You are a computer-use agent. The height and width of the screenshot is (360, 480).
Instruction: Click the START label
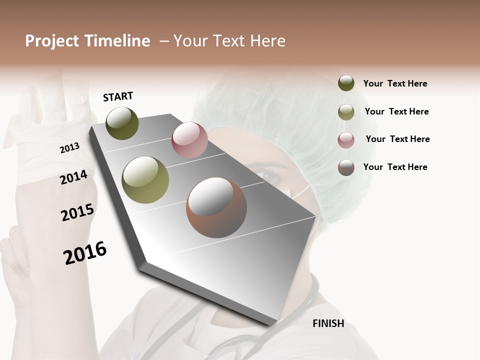(118, 96)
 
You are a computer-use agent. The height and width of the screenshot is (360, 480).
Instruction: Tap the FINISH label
(328, 323)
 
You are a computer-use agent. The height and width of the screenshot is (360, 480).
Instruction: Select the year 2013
(70, 148)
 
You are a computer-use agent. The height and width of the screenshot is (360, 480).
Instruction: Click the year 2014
(74, 177)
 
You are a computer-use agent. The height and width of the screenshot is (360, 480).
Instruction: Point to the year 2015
(77, 212)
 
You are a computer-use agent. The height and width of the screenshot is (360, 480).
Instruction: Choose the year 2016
(85, 253)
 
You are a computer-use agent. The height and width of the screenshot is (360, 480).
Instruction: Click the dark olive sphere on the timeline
(122, 123)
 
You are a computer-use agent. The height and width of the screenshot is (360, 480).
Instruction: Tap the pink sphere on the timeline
(189, 139)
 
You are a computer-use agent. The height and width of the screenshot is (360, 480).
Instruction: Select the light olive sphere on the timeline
(145, 180)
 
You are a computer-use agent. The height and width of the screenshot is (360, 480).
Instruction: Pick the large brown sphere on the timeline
(216, 208)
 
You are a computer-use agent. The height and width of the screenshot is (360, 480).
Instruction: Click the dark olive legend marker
(346, 83)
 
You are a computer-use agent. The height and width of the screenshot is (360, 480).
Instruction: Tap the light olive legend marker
(346, 111)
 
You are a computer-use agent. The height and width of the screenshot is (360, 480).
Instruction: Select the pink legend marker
(346, 139)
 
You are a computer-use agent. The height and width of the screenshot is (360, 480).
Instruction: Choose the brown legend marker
(346, 167)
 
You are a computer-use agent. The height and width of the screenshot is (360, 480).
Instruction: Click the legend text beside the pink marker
(397, 139)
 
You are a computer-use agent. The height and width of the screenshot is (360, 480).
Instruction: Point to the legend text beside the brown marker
(395, 167)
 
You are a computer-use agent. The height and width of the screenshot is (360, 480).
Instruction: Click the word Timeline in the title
(117, 41)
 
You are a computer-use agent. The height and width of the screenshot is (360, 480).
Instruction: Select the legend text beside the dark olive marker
(395, 83)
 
